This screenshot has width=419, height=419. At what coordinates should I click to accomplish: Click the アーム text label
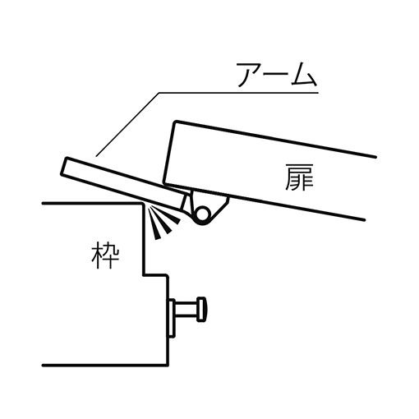coord(277,75)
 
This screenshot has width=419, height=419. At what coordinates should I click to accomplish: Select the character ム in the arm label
coord(304,75)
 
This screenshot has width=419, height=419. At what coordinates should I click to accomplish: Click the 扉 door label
coord(299,177)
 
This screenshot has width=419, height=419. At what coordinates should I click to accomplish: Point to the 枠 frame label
coord(105,256)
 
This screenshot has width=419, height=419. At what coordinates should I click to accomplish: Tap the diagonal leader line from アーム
coord(127,125)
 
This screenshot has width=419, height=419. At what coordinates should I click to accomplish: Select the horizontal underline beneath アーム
coord(238,93)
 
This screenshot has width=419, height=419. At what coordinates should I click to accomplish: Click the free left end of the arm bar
coord(64,166)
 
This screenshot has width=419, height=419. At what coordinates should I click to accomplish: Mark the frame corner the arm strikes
coord(142,204)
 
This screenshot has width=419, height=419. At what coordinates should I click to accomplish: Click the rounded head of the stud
coord(202,308)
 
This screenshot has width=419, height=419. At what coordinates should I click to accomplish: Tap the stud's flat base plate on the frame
coord(171,318)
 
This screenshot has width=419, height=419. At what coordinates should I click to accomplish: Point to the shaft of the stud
coord(186,308)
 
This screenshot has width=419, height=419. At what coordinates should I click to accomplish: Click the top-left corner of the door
coord(174,122)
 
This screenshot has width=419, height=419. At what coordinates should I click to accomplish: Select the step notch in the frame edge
coord(155,275)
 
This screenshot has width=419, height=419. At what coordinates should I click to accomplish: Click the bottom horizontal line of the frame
coord(105,366)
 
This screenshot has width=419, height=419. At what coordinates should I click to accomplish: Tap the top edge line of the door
coord(275,139)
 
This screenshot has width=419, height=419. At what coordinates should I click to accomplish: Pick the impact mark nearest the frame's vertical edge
coord(154,223)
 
